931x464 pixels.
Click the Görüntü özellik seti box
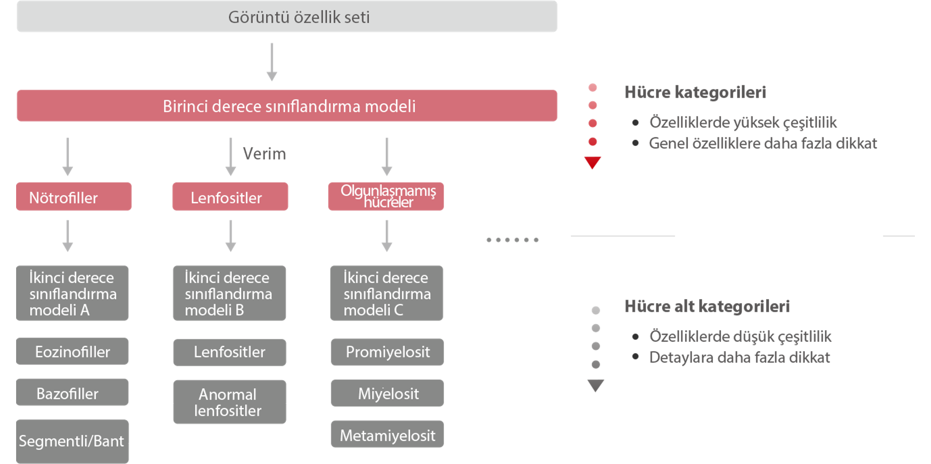(x=287, y=17)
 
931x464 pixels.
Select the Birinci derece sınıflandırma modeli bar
(x=287, y=106)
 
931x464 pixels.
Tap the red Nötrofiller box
(x=74, y=197)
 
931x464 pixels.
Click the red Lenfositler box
(x=230, y=197)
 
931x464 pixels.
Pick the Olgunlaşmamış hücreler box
(x=386, y=197)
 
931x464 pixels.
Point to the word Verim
(x=264, y=154)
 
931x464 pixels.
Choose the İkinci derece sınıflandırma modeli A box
(x=73, y=293)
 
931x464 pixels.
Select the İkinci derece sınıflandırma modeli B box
(x=229, y=293)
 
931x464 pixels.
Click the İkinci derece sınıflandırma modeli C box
(x=387, y=293)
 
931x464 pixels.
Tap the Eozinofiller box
(x=73, y=352)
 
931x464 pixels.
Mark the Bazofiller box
(x=73, y=393)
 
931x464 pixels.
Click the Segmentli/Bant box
(x=73, y=441)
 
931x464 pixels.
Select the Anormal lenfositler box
(x=229, y=402)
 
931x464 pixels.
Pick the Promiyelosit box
(x=387, y=352)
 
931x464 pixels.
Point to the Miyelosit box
(x=387, y=393)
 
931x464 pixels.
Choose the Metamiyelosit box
(x=387, y=434)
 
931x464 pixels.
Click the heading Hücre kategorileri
(x=695, y=92)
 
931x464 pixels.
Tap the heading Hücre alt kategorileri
(x=707, y=306)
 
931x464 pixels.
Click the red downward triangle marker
(x=592, y=162)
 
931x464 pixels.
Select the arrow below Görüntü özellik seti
(x=272, y=62)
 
